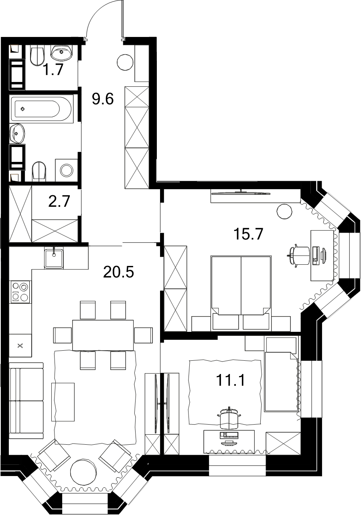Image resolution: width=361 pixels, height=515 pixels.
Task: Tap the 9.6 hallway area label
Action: pyautogui.click(x=103, y=99)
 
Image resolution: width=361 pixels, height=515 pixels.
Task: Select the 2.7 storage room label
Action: pyautogui.click(x=59, y=201)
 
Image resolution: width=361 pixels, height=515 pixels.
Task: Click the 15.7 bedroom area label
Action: pyautogui.click(x=248, y=234)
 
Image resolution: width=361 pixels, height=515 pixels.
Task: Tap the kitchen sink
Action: pyautogui.click(x=54, y=258)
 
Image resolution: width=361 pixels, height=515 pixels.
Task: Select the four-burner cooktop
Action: pyautogui.click(x=20, y=292)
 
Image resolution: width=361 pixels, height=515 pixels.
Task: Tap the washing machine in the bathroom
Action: pyautogui.click(x=67, y=170)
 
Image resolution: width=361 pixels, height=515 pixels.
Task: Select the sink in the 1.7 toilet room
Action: pyautogui.click(x=61, y=53)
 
